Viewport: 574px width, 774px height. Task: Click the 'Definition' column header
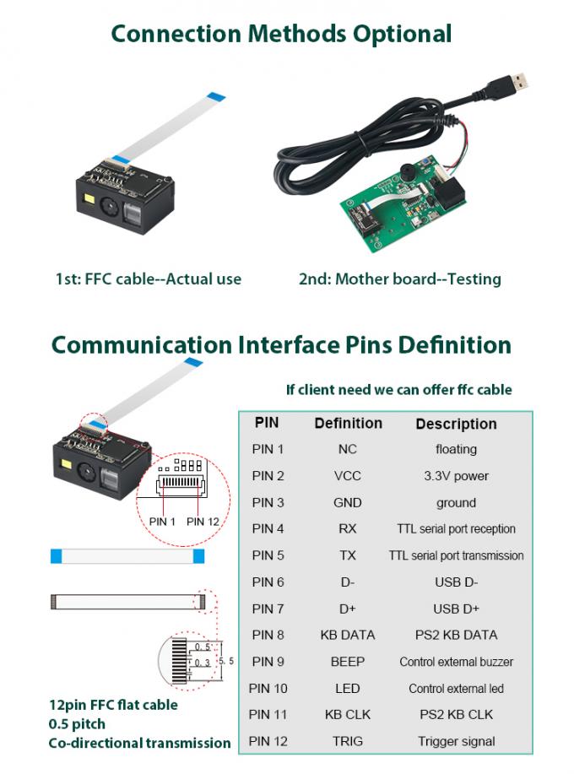(x=348, y=423)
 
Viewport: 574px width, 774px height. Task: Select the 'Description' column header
(x=456, y=424)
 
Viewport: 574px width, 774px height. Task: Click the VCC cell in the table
(x=347, y=476)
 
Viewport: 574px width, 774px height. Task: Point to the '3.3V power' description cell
(x=456, y=476)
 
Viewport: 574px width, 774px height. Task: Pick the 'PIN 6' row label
(x=268, y=582)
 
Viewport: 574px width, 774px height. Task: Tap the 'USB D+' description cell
(x=456, y=609)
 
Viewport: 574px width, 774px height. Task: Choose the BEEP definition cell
(x=347, y=662)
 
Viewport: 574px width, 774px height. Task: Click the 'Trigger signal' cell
(x=456, y=741)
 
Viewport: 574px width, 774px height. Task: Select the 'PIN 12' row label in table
(x=268, y=741)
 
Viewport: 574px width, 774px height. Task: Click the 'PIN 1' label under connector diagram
(x=162, y=522)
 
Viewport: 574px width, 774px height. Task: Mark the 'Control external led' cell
(x=456, y=689)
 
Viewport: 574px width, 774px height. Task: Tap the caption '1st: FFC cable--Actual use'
(x=148, y=279)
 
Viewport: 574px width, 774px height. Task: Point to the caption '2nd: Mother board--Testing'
(x=399, y=279)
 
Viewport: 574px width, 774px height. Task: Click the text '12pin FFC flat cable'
(x=113, y=705)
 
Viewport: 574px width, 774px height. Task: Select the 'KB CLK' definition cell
(x=347, y=715)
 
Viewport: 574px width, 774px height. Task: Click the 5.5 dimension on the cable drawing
(x=225, y=662)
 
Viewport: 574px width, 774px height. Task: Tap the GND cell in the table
(x=347, y=503)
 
